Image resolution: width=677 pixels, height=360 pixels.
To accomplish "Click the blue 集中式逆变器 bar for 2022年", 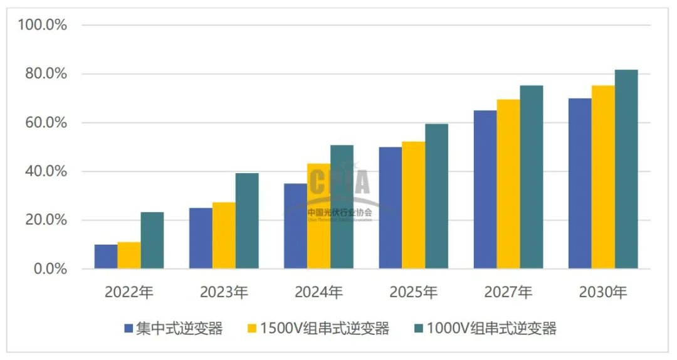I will tap(105, 257).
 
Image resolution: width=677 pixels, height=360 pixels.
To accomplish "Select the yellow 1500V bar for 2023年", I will tap(224, 236).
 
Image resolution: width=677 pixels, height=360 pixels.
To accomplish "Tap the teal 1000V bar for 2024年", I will tap(342, 207).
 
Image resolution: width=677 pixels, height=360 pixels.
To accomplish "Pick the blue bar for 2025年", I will tap(390, 208).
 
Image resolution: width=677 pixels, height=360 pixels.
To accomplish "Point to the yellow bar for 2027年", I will tap(508, 184).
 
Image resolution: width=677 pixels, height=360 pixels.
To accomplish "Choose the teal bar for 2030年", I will tap(626, 169).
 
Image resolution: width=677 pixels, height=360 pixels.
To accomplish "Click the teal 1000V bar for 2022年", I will tap(152, 240).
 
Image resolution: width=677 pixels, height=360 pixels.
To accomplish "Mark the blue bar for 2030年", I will tap(579, 184).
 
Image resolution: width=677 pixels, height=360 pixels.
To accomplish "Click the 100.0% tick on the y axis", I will tap(43, 25).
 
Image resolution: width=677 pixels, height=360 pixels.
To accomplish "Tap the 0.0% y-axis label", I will tap(50, 269).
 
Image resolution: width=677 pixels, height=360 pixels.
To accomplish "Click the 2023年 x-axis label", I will tap(224, 292).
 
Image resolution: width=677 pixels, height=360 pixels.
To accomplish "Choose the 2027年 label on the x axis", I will tap(508, 292).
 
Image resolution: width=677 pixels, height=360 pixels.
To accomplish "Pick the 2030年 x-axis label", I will tap(602, 292).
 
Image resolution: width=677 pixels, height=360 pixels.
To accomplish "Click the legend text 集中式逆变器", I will tap(179, 328).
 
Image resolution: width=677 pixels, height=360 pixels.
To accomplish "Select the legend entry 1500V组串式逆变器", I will tap(325, 328).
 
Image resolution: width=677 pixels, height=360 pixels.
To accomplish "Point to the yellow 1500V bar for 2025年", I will tap(413, 205).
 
